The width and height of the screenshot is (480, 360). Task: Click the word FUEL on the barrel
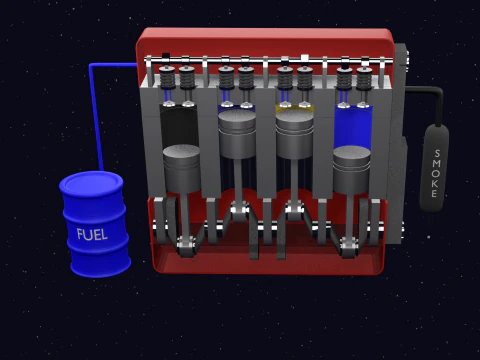93,234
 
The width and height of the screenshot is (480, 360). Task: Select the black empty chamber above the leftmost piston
180,125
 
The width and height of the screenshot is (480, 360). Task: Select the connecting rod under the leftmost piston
186,215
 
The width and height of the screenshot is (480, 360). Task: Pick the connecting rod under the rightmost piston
350,215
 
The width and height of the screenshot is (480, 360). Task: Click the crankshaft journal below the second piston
238,209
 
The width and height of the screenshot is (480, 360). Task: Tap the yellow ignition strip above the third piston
295,107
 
